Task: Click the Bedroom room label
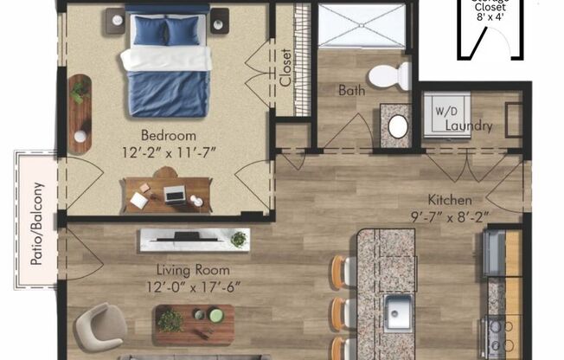[x=169, y=136]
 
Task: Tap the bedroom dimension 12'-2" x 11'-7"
[x=169, y=151]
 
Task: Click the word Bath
[x=351, y=89]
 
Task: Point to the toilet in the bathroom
[x=390, y=75]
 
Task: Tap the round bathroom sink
[x=398, y=126]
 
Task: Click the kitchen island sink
[x=398, y=307]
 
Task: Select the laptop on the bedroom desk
[x=176, y=194]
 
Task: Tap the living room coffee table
[x=194, y=321]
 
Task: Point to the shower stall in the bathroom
[x=361, y=26]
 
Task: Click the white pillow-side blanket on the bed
[x=166, y=59]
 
